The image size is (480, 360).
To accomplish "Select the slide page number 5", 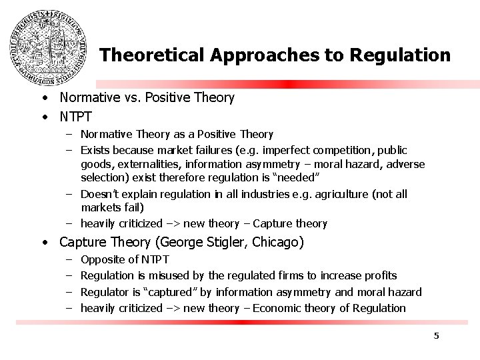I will coord(436,335).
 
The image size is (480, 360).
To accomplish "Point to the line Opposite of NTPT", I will coord(125,259).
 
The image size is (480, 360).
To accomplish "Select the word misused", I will coord(159,275).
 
